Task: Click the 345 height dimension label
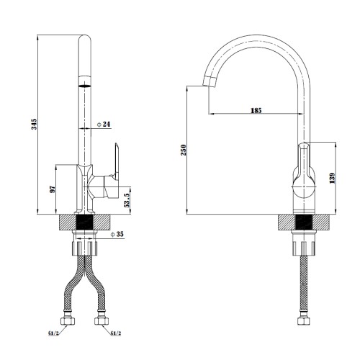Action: tap(35, 124)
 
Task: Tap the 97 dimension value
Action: tap(53, 189)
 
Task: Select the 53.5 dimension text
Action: tap(127, 200)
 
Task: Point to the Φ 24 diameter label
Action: tap(104, 125)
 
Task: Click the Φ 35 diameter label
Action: tap(117, 234)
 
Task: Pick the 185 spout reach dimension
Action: tap(256, 111)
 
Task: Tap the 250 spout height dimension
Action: tap(184, 150)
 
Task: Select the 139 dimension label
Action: tap(332, 178)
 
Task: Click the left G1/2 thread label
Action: tap(53, 333)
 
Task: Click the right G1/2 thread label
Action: tap(116, 333)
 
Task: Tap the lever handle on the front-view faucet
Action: tap(117, 161)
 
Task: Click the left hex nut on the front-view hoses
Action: tap(68, 321)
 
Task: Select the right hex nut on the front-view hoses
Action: tap(102, 321)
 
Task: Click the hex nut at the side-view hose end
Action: tap(304, 321)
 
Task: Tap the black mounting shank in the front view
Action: tap(84, 222)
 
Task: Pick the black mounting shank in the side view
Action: tap(304, 222)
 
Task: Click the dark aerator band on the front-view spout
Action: tap(85, 86)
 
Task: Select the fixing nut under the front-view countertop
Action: tap(85, 248)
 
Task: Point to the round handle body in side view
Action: tap(304, 187)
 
